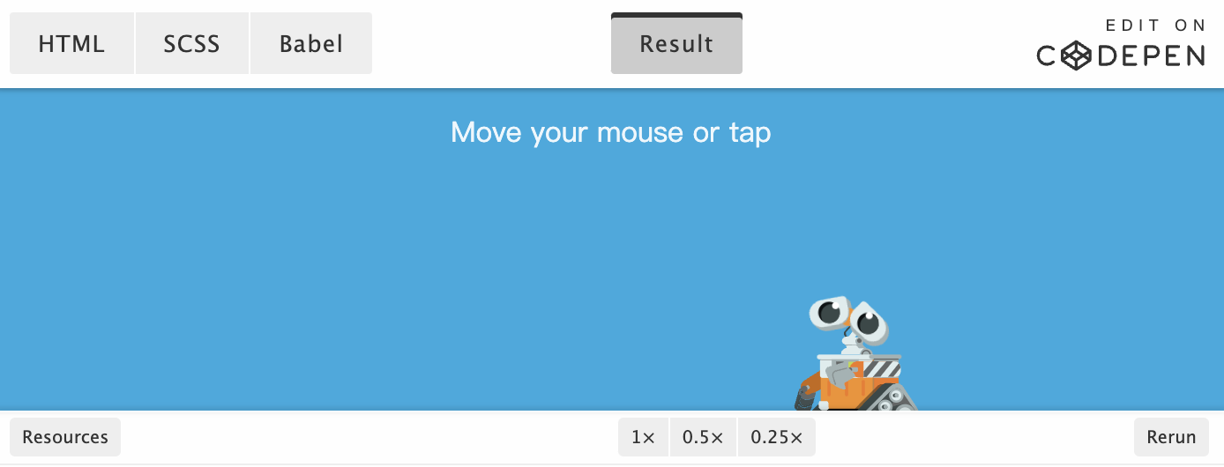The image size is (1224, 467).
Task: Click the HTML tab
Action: [71, 44]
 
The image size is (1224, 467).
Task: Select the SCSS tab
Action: [191, 44]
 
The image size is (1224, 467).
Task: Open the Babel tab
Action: [311, 44]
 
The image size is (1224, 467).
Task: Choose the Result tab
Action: [676, 44]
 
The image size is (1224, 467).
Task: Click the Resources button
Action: [65, 437]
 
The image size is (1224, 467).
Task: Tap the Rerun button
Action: [1171, 437]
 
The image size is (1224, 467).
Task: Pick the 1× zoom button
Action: [643, 437]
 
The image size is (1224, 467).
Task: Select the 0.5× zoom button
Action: [703, 437]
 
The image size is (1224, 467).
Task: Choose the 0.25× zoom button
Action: [777, 437]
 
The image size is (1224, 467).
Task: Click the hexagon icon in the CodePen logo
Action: [1076, 56]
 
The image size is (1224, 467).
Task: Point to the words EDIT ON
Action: [1155, 26]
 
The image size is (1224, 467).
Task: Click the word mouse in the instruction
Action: [640, 133]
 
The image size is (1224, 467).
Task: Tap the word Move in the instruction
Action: [486, 132]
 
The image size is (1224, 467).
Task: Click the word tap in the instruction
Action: [750, 133]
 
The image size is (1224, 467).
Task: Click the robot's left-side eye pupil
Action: [830, 313]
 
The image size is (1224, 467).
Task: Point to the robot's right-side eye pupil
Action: [869, 323]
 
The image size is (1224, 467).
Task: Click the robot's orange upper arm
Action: [812, 383]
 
